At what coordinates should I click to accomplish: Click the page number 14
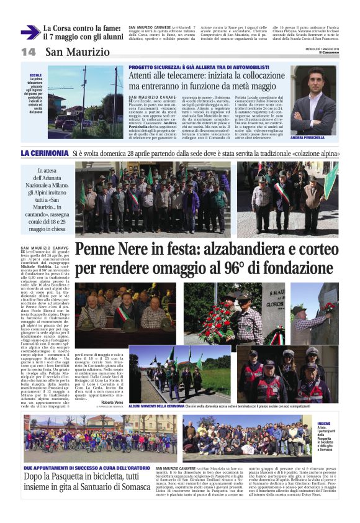pyautogui.click(x=29, y=52)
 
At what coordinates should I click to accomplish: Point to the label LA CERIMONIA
pyautogui.click(x=44, y=153)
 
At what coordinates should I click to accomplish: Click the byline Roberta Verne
pyautogui.click(x=111, y=402)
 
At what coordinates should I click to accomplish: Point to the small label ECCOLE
pyautogui.click(x=35, y=75)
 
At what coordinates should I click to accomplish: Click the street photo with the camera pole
pyautogui.click(x=86, y=102)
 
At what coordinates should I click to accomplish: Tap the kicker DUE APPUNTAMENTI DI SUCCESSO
pyautogui.click(x=77, y=467)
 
